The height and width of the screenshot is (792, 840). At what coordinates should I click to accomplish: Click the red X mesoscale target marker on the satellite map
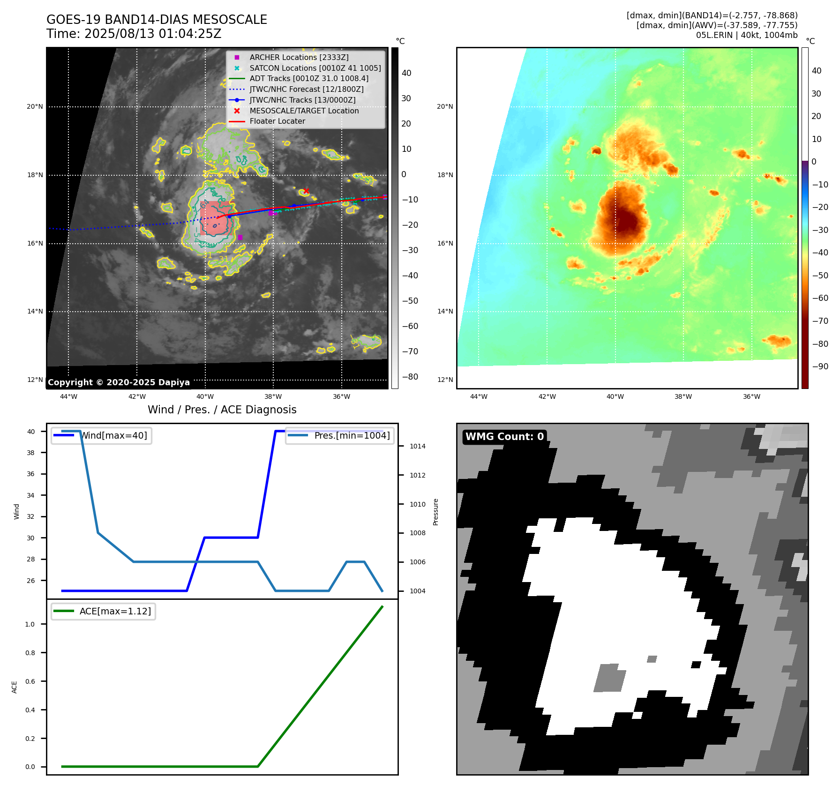point(306,191)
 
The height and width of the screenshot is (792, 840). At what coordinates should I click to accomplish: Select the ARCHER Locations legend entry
point(299,57)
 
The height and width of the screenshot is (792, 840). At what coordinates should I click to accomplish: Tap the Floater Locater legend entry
point(277,121)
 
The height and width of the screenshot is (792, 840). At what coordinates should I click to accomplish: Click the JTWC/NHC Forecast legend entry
point(306,89)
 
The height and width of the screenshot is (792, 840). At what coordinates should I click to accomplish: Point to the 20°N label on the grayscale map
point(35,107)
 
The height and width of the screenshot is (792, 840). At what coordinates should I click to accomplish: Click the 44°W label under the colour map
point(479,396)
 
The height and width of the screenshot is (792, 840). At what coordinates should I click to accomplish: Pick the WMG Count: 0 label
point(504,437)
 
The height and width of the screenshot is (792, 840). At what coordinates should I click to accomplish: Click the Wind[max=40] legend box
point(101,436)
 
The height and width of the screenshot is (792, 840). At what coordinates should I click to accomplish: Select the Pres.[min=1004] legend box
point(340,436)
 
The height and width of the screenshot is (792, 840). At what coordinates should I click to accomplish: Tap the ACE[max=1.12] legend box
point(103,612)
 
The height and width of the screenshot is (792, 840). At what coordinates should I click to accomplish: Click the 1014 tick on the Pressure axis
point(417,447)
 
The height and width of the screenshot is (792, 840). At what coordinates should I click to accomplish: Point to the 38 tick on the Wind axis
point(31,453)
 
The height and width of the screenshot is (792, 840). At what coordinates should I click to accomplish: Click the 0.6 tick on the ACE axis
point(30,681)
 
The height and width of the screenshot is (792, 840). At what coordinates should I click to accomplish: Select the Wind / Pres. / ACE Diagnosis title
point(222,410)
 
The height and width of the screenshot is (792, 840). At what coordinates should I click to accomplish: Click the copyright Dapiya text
point(119,382)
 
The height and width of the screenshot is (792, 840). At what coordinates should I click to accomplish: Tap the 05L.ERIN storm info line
point(746,35)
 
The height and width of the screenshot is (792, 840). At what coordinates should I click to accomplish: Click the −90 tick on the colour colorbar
point(820,366)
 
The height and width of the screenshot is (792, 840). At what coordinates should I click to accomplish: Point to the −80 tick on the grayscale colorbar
point(410,377)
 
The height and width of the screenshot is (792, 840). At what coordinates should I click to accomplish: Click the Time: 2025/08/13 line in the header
point(134,34)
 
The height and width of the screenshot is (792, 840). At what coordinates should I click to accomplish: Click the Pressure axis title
point(435,512)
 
